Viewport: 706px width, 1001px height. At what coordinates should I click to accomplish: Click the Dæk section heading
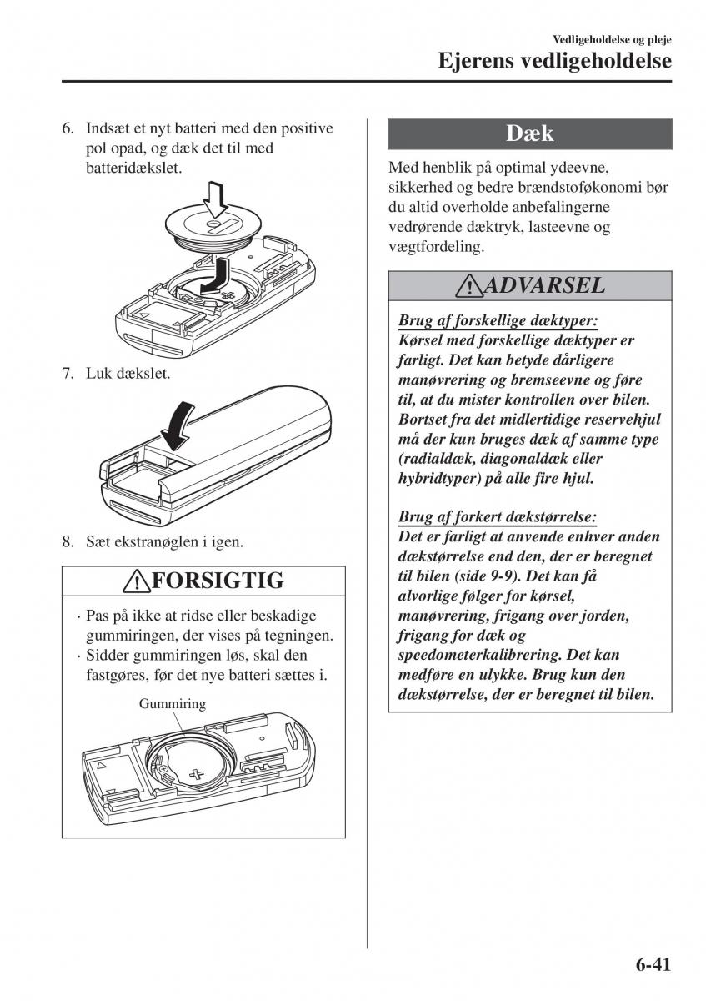pos(530,134)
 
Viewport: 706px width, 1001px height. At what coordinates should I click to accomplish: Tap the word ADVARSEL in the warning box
pos(544,285)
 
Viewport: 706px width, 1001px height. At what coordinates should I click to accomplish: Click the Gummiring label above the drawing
pos(173,704)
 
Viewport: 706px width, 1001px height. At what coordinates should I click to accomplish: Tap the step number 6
pos(68,129)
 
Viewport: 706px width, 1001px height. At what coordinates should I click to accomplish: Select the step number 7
pos(68,373)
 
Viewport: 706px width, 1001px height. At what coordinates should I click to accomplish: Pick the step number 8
pos(68,542)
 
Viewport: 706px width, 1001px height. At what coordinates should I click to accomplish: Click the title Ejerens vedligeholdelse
pos(555,60)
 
